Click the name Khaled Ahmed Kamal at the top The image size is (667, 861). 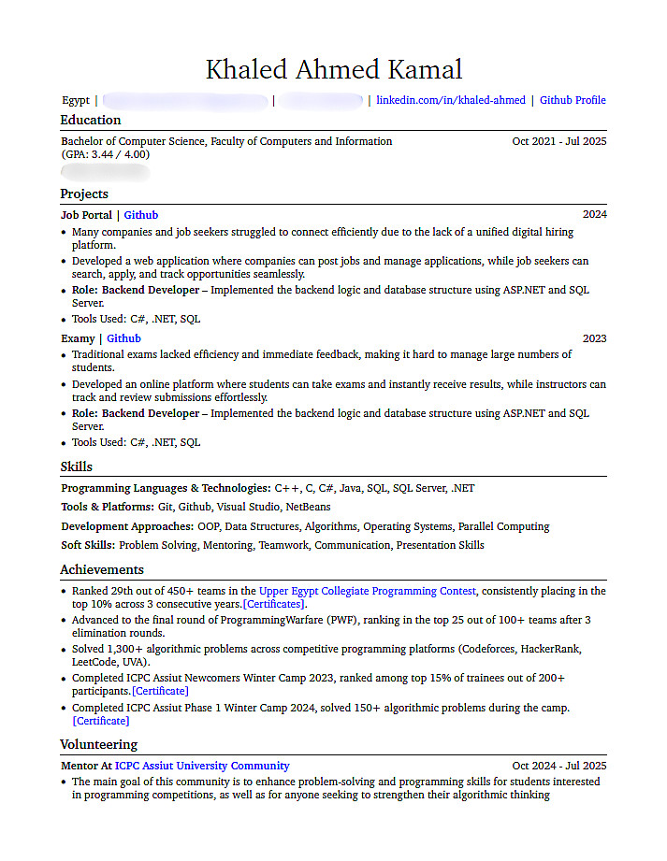coord(333,70)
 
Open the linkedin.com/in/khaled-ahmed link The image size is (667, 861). coord(451,100)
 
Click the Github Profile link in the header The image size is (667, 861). coord(573,100)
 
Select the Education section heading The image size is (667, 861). coord(91,120)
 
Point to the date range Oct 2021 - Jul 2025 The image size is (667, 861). coord(559,141)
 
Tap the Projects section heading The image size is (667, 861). coord(84,194)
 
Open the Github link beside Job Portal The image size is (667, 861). coord(141,215)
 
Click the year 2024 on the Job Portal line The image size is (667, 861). coord(595,215)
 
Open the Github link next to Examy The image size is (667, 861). coord(123,338)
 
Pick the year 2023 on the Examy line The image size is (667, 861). coord(595,338)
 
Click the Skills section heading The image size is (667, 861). coord(77,466)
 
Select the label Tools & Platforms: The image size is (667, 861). coord(108,507)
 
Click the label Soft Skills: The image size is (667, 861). coord(88,545)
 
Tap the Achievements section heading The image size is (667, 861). coord(102,569)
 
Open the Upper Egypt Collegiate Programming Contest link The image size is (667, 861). coord(368,591)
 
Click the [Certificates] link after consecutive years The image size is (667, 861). coord(273,604)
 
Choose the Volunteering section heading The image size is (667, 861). coord(99,744)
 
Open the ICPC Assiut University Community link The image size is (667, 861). coord(202,766)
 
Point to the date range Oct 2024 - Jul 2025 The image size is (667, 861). coord(559,766)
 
